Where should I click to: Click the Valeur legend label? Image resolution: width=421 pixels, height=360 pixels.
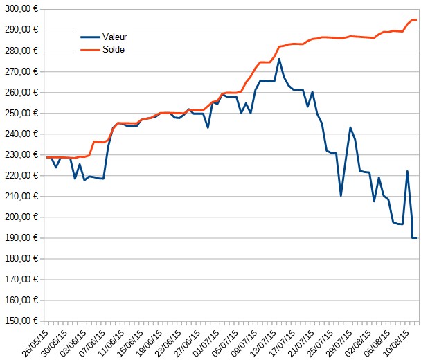pyautogui.click(x=114, y=37)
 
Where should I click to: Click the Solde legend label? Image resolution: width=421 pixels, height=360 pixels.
pyautogui.click(x=114, y=50)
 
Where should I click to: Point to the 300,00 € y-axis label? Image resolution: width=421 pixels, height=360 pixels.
pyautogui.click(x=21, y=8)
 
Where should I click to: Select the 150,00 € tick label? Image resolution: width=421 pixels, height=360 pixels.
pyautogui.click(x=21, y=321)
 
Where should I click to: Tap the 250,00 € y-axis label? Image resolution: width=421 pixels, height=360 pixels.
pyautogui.click(x=21, y=113)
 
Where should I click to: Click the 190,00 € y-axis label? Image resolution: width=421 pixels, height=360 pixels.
pyautogui.click(x=21, y=238)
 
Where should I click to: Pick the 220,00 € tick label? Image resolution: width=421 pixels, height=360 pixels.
pyautogui.click(x=21, y=176)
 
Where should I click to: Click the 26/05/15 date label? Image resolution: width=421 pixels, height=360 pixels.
pyautogui.click(x=35, y=343)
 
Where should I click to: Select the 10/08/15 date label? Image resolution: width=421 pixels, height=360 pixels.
pyautogui.click(x=396, y=343)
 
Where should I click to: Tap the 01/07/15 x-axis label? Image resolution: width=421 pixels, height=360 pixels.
pyautogui.click(x=206, y=343)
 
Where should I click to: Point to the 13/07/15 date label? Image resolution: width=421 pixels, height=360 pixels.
pyautogui.click(x=263, y=343)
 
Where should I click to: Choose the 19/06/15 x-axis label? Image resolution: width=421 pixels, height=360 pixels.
pyautogui.click(x=149, y=343)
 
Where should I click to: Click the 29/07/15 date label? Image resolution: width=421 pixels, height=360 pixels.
pyautogui.click(x=339, y=343)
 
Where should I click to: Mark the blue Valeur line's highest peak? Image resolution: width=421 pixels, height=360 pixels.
pyautogui.click(x=279, y=59)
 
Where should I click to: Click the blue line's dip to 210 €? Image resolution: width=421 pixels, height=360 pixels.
pyautogui.click(x=341, y=196)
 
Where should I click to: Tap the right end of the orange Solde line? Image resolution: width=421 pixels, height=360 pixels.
pyautogui.click(x=416, y=19)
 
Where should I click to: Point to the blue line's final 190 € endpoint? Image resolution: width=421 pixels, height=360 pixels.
pyautogui.click(x=416, y=238)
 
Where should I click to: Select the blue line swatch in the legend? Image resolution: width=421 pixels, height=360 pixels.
pyautogui.click(x=90, y=37)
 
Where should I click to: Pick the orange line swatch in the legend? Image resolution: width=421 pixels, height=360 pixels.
pyautogui.click(x=90, y=50)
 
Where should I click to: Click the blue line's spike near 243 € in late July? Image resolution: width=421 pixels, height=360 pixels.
pyautogui.click(x=350, y=127)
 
